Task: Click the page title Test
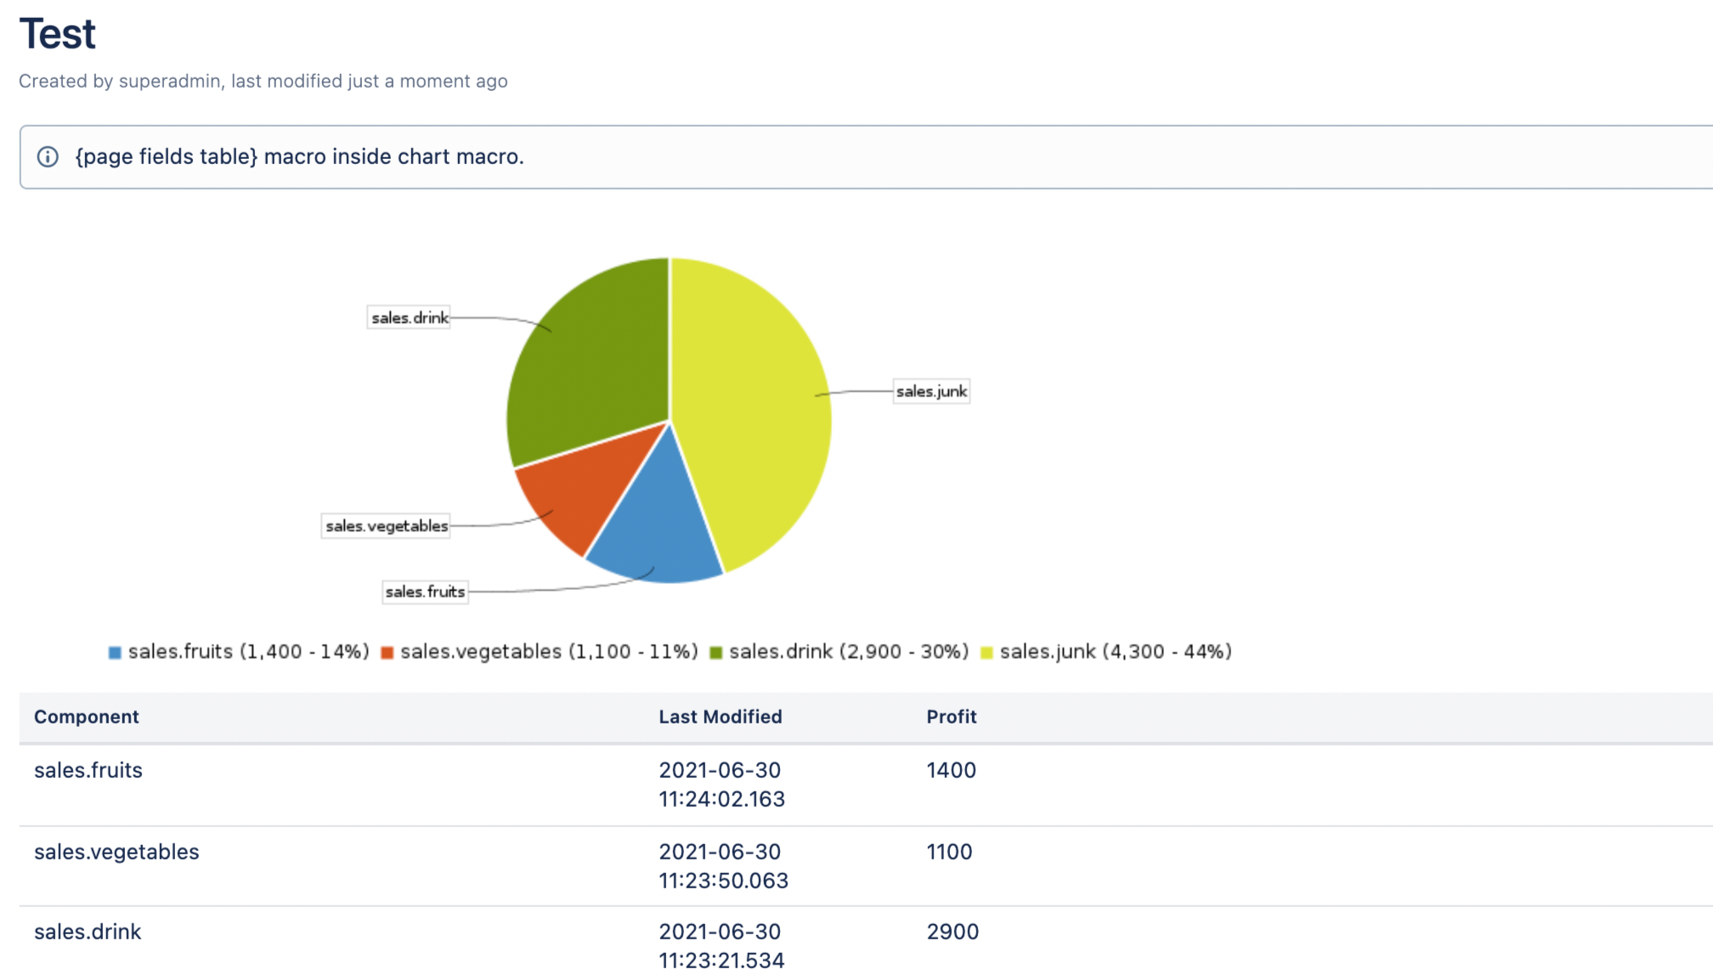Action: click(x=58, y=35)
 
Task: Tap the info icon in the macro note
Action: click(x=48, y=157)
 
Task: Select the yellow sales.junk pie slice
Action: click(x=756, y=408)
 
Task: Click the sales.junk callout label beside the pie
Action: click(x=931, y=392)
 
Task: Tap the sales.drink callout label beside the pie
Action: click(x=410, y=318)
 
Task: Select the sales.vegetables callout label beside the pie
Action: click(x=387, y=526)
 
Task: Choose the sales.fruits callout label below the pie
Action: click(x=425, y=592)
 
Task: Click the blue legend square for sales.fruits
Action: click(x=115, y=653)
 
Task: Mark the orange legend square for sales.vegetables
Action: click(x=387, y=653)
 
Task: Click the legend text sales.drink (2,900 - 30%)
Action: click(x=848, y=652)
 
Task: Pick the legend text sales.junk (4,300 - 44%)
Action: click(x=1115, y=652)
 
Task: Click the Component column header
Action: click(x=87, y=717)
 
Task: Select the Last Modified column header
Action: click(x=720, y=717)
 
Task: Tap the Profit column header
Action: click(x=951, y=717)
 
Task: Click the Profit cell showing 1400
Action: click(x=951, y=771)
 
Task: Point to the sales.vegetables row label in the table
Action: click(x=116, y=853)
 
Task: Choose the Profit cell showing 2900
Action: click(x=953, y=932)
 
